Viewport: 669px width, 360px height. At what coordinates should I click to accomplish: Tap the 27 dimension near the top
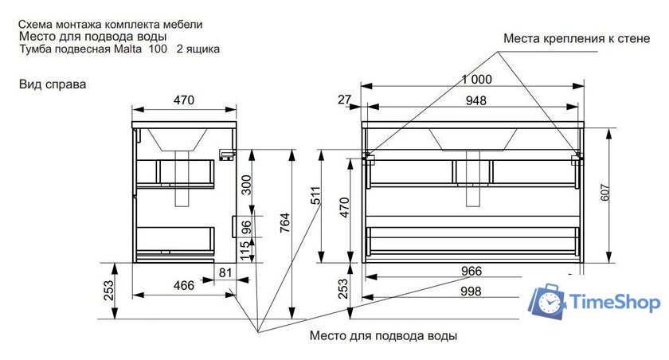344,100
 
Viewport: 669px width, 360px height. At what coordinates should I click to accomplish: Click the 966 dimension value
471,271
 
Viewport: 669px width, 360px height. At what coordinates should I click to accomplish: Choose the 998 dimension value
471,292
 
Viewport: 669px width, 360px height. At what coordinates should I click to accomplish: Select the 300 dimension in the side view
246,185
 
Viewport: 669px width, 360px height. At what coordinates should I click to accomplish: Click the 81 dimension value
225,273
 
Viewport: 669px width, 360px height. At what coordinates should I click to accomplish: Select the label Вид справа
53,83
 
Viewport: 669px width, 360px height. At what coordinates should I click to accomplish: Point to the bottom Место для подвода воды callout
383,335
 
